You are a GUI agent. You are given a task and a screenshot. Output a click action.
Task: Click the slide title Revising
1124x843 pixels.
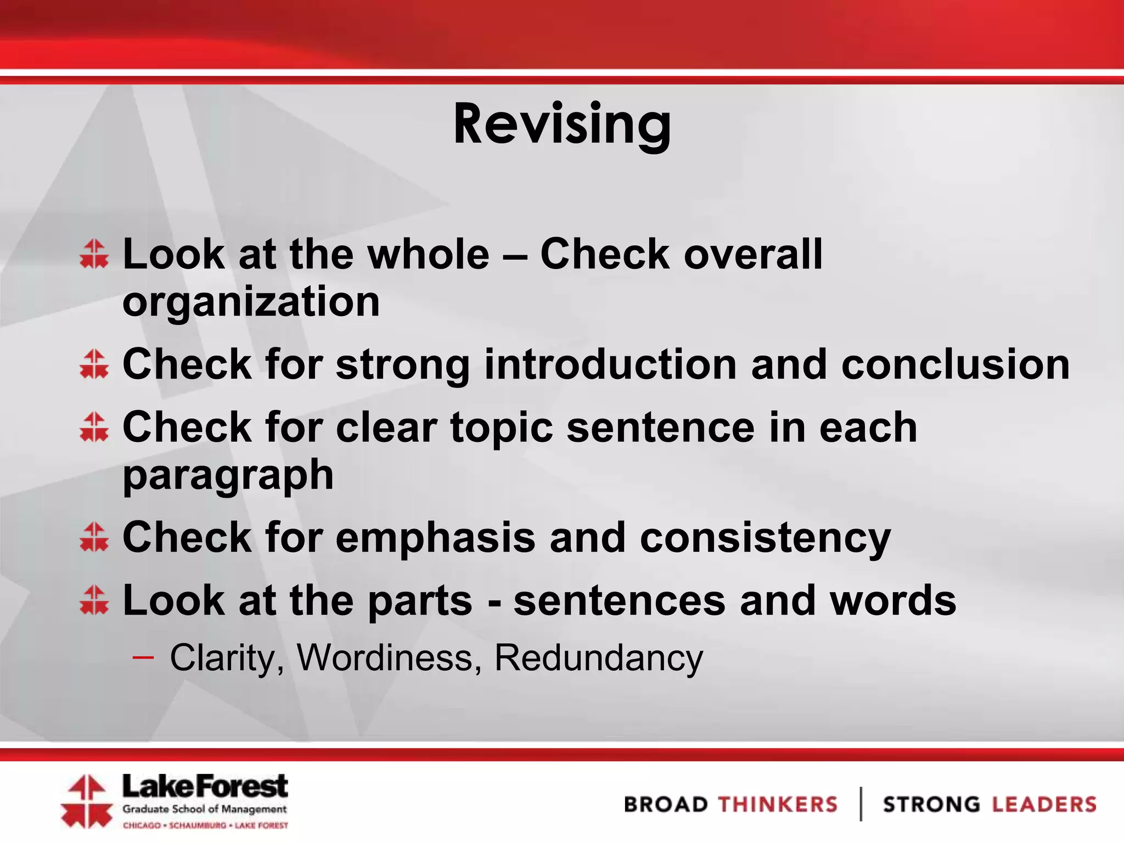(x=561, y=125)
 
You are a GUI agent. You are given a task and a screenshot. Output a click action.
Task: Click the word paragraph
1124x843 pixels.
(x=228, y=475)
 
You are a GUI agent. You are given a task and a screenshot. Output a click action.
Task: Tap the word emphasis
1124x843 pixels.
(x=435, y=537)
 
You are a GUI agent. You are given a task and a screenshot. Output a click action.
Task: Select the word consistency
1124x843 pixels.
(x=765, y=538)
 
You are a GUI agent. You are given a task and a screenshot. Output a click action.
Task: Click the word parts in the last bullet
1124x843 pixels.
(x=420, y=600)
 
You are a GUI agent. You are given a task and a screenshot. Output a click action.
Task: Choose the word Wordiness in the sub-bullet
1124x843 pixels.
(x=384, y=657)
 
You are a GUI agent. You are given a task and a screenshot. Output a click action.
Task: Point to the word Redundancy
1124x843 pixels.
(x=598, y=657)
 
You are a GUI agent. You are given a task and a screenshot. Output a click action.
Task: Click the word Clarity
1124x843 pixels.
(x=224, y=657)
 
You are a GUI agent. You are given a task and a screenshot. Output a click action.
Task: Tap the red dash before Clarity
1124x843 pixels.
(x=143, y=656)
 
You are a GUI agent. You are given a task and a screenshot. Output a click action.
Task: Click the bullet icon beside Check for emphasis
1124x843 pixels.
(x=94, y=536)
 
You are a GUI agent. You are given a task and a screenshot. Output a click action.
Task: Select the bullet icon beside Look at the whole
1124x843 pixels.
(x=94, y=254)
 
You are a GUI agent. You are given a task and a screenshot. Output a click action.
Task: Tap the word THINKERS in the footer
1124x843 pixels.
(x=778, y=805)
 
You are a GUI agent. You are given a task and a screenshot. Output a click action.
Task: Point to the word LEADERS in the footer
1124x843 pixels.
(x=1043, y=805)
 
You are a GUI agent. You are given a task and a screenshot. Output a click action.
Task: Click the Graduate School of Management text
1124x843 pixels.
(x=204, y=809)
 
